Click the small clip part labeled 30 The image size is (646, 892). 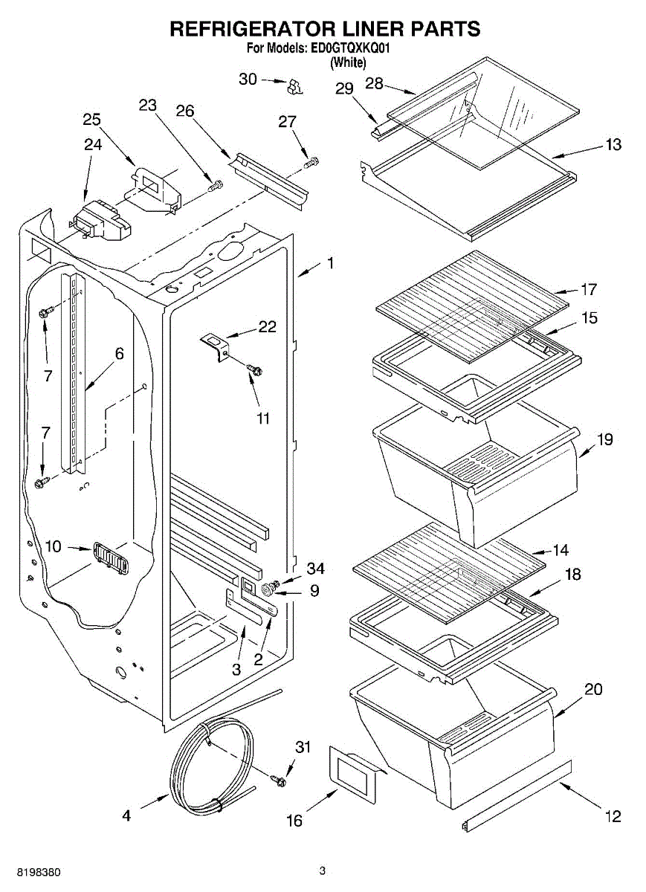pyautogui.click(x=296, y=86)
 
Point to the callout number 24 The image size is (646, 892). pyautogui.click(x=92, y=146)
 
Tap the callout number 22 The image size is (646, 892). pyautogui.click(x=267, y=326)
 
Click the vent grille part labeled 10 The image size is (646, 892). pyautogui.click(x=109, y=557)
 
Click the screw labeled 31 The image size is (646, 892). pyautogui.click(x=280, y=779)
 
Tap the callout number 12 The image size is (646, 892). pyautogui.click(x=613, y=817)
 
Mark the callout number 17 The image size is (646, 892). pyautogui.click(x=589, y=288)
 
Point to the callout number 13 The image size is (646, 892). pyautogui.click(x=613, y=145)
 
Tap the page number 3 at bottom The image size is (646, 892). pyautogui.click(x=322, y=870)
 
